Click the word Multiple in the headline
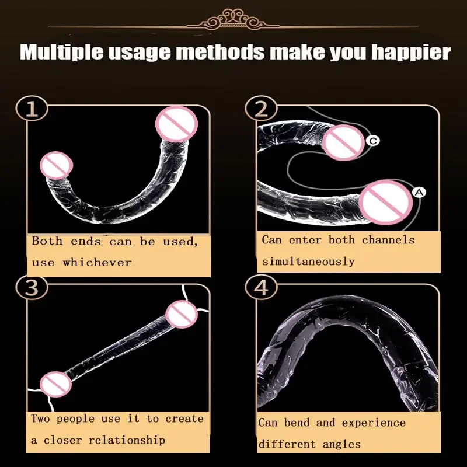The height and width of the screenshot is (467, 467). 62,52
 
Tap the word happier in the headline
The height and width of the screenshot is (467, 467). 412,52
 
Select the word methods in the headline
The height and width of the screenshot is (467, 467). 220,52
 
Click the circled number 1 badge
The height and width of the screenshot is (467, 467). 32,108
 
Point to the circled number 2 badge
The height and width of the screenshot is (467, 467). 261,108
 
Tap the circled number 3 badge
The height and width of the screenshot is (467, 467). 32,287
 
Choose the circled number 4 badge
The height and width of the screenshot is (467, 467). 261,287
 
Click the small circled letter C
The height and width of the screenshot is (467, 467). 373,140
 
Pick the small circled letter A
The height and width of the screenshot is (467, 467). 419,193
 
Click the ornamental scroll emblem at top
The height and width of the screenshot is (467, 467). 233,19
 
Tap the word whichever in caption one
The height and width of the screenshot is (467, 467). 97,262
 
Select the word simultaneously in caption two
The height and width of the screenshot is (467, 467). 308,262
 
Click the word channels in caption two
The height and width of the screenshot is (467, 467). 388,240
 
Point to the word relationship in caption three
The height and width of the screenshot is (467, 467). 127,440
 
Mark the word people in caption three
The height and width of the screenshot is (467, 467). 75,419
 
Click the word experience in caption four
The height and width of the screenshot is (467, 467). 374,422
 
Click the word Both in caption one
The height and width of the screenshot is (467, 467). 47,241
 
